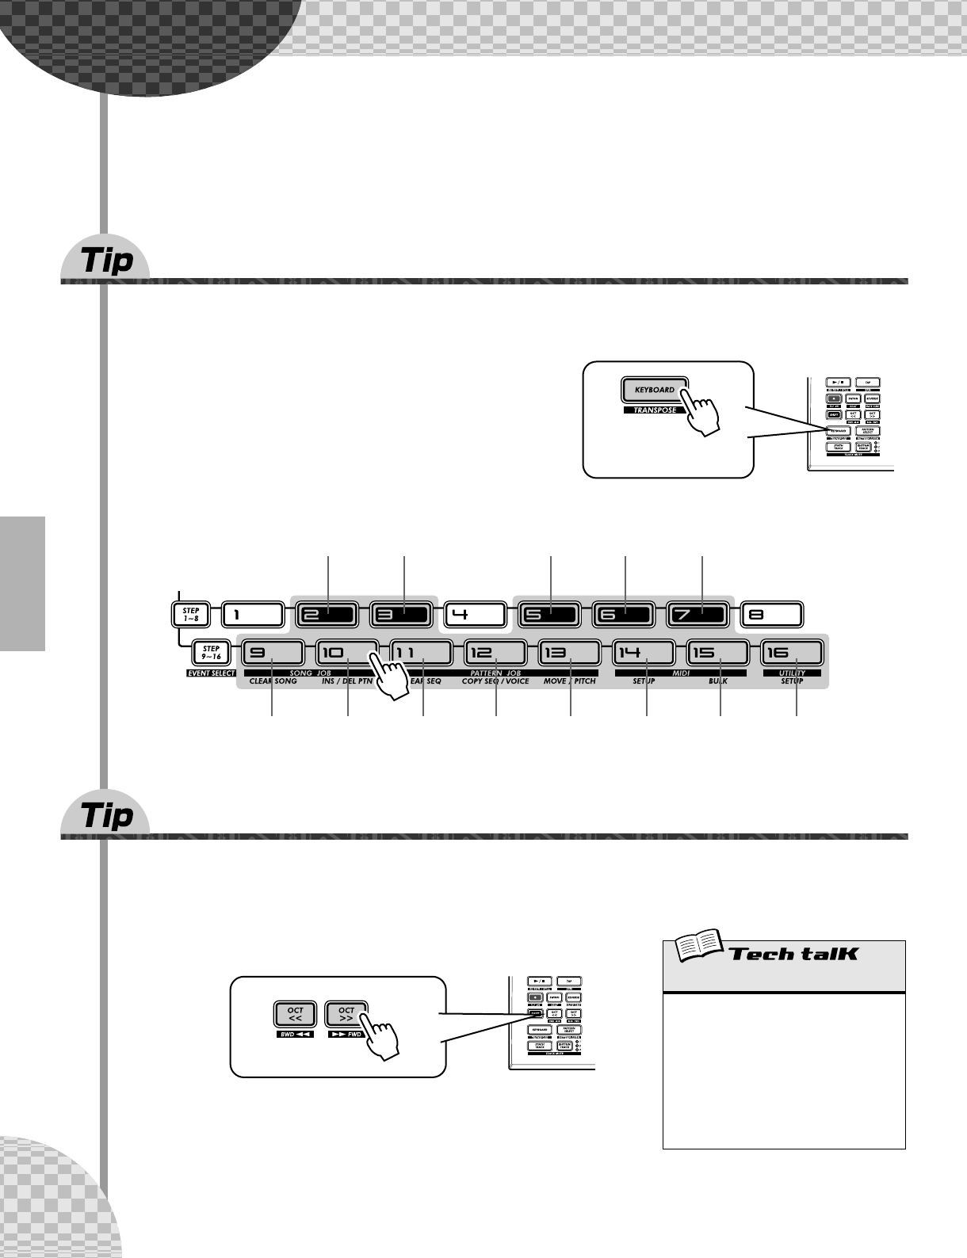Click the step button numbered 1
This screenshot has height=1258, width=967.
[252, 614]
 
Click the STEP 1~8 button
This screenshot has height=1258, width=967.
[191, 614]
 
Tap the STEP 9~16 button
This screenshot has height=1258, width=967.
[212, 653]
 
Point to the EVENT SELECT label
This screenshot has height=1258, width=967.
[204, 673]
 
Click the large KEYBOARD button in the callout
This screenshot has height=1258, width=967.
[654, 390]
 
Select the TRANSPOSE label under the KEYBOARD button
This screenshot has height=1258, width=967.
[655, 410]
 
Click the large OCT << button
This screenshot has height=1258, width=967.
[295, 1015]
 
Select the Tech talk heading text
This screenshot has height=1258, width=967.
[793, 953]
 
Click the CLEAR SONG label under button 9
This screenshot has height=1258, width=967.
[273, 681]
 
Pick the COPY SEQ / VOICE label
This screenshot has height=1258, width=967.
[495, 681]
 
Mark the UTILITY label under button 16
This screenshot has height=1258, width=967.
[792, 673]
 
